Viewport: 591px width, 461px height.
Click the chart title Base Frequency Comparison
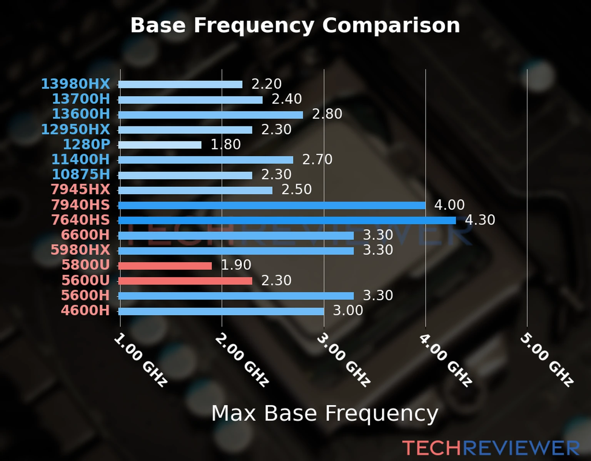click(295, 25)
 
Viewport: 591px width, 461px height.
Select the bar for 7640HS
click(287, 221)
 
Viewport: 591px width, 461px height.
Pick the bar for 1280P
click(160, 145)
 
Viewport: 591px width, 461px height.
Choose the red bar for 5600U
click(185, 281)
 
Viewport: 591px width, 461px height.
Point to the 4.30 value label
click(480, 220)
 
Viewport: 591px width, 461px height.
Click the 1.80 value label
click(225, 144)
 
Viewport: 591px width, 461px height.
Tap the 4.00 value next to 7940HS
click(449, 205)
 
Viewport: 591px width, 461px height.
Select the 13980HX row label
click(76, 84)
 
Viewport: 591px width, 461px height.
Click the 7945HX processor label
click(80, 189)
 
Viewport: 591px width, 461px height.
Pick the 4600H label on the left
click(85, 310)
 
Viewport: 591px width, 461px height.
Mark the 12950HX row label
click(76, 129)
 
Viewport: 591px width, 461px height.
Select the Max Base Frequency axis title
click(325, 413)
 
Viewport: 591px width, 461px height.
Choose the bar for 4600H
click(221, 311)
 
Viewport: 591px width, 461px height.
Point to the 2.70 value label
click(317, 159)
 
